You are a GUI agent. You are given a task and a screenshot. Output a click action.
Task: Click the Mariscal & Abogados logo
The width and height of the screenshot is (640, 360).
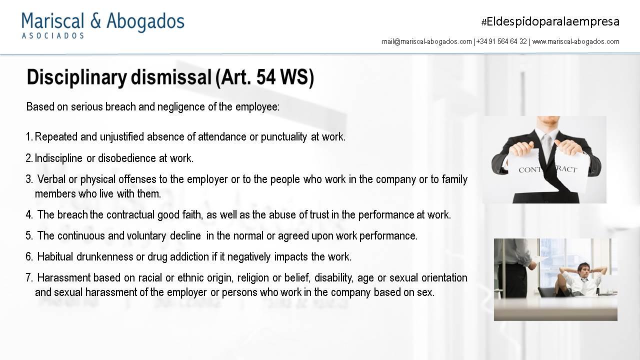point(103,25)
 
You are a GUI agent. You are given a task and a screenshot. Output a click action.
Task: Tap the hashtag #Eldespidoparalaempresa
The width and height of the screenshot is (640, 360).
point(550,21)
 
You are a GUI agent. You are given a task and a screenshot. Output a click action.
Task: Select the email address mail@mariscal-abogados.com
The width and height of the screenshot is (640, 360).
point(427,41)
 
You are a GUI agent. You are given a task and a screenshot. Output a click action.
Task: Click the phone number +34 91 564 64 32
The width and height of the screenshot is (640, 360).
point(501,41)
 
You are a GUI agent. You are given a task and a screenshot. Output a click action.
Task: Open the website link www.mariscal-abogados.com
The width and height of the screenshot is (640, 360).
point(575,41)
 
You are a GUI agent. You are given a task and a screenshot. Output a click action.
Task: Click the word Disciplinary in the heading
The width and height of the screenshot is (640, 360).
point(77,77)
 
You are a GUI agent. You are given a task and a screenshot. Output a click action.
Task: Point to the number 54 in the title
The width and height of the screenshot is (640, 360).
point(266,76)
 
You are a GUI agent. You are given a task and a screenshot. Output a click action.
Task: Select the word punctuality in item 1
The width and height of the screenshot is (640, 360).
point(283,137)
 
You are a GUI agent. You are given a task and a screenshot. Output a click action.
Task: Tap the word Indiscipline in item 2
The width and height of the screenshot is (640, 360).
point(58,158)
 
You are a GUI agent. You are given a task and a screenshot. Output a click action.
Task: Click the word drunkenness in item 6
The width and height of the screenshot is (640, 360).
point(105,257)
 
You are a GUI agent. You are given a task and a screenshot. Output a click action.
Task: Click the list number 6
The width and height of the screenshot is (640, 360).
point(29,257)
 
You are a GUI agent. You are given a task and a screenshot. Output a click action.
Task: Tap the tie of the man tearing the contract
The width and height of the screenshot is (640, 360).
point(547,145)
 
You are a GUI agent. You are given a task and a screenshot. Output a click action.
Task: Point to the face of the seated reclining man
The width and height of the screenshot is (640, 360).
point(583,270)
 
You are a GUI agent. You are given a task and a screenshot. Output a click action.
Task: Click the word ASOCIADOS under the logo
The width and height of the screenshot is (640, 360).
point(53,35)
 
